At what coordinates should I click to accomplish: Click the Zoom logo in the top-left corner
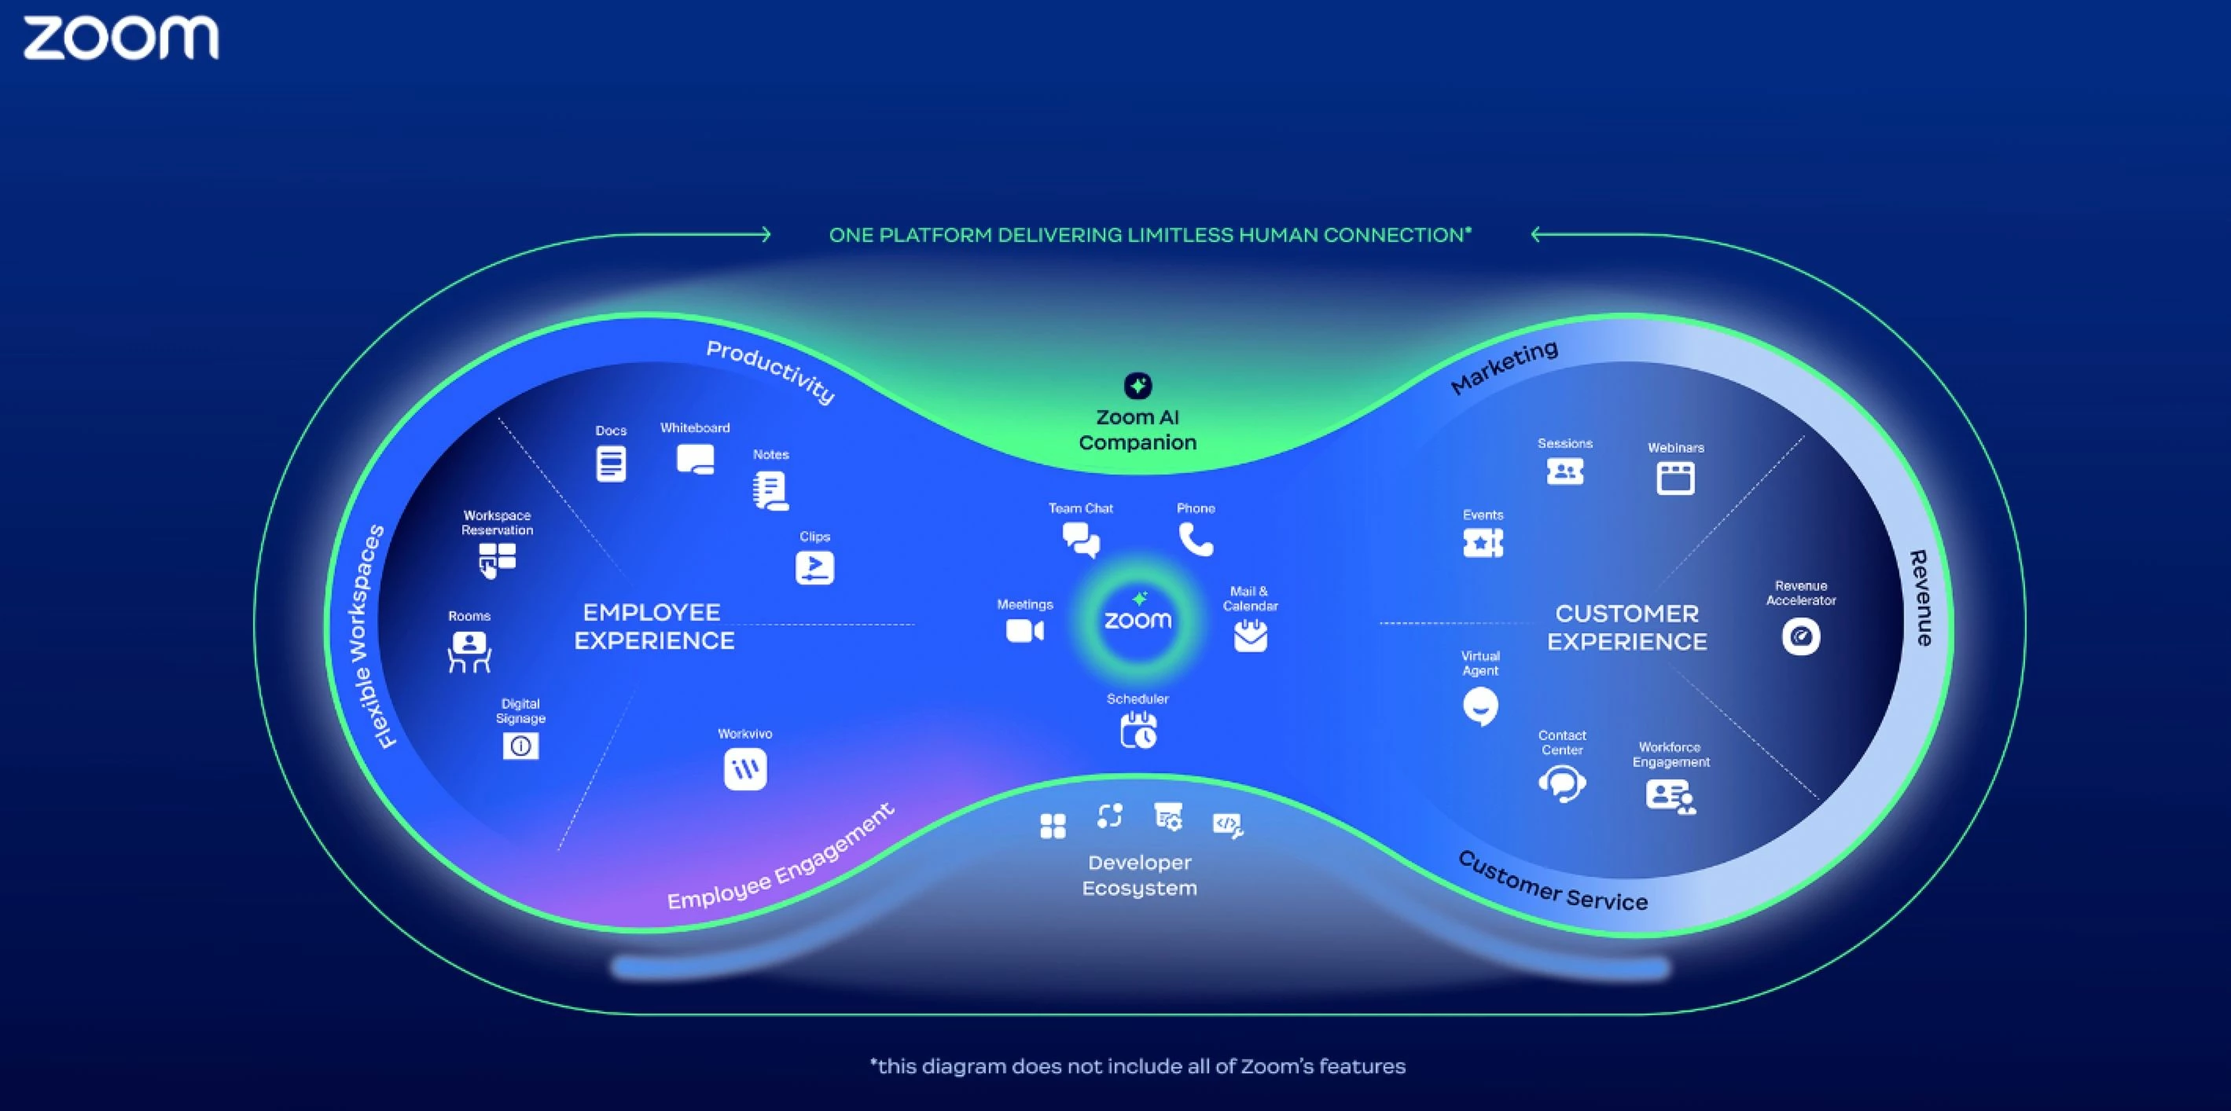pyautogui.click(x=120, y=38)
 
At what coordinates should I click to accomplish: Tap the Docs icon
pyautogui.click(x=611, y=464)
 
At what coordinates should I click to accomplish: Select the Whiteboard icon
pyautogui.click(x=696, y=459)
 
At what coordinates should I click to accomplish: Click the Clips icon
pyautogui.click(x=814, y=567)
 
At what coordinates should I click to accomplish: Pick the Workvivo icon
pyautogui.click(x=744, y=768)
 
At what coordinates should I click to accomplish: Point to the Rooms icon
pyautogui.click(x=469, y=651)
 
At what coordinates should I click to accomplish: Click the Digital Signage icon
pyautogui.click(x=520, y=746)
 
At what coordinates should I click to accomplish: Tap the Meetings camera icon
pyautogui.click(x=1024, y=630)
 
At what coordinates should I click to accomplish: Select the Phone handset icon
pyautogui.click(x=1195, y=540)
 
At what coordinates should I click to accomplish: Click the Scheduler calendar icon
pyautogui.click(x=1138, y=730)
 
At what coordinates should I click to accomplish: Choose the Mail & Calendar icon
pyautogui.click(x=1250, y=636)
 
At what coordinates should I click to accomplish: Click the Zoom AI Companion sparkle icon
pyautogui.click(x=1138, y=385)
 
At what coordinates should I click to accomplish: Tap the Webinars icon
pyautogui.click(x=1675, y=478)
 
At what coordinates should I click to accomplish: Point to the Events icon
pyautogui.click(x=1483, y=543)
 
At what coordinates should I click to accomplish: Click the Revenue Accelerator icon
pyautogui.click(x=1800, y=636)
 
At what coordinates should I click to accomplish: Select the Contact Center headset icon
pyautogui.click(x=1561, y=783)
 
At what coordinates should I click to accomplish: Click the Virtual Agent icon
pyautogui.click(x=1480, y=706)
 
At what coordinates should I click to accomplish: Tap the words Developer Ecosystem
pyautogui.click(x=1140, y=874)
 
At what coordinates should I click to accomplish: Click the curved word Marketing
pyautogui.click(x=1505, y=367)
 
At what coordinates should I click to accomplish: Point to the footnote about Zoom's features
pyautogui.click(x=1138, y=1066)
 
